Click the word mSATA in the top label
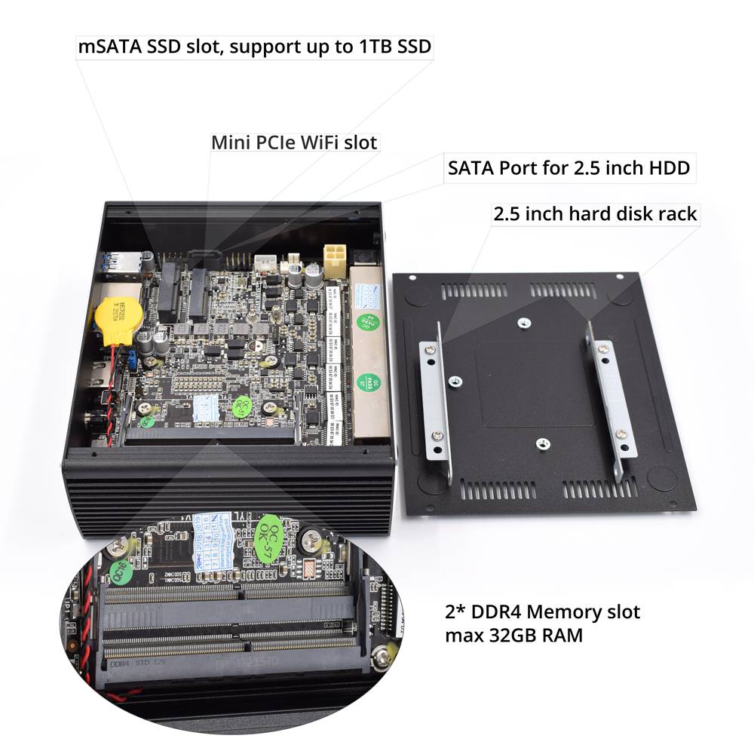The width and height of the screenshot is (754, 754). (108, 46)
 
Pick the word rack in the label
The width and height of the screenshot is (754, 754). (675, 214)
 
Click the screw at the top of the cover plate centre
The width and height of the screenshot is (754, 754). (524, 323)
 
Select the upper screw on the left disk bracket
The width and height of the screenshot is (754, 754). (429, 348)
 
